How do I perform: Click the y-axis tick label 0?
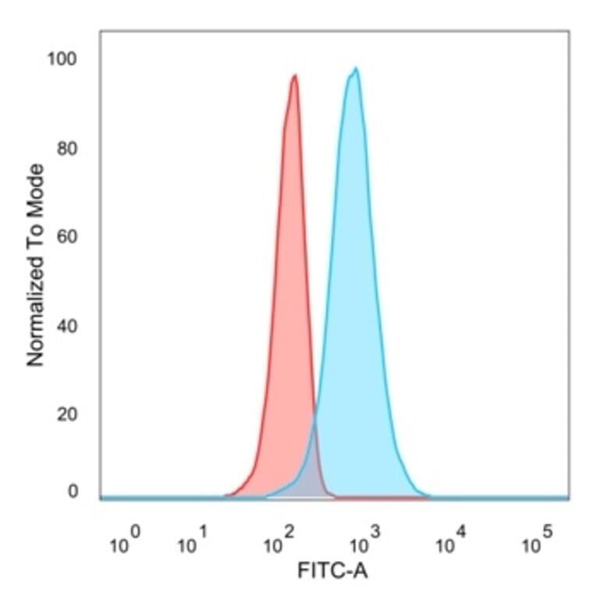[x=73, y=491]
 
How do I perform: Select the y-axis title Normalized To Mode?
[x=35, y=265]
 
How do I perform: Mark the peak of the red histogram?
[x=294, y=76]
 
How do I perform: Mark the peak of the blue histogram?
[x=356, y=69]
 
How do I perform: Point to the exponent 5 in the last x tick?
[x=546, y=532]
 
